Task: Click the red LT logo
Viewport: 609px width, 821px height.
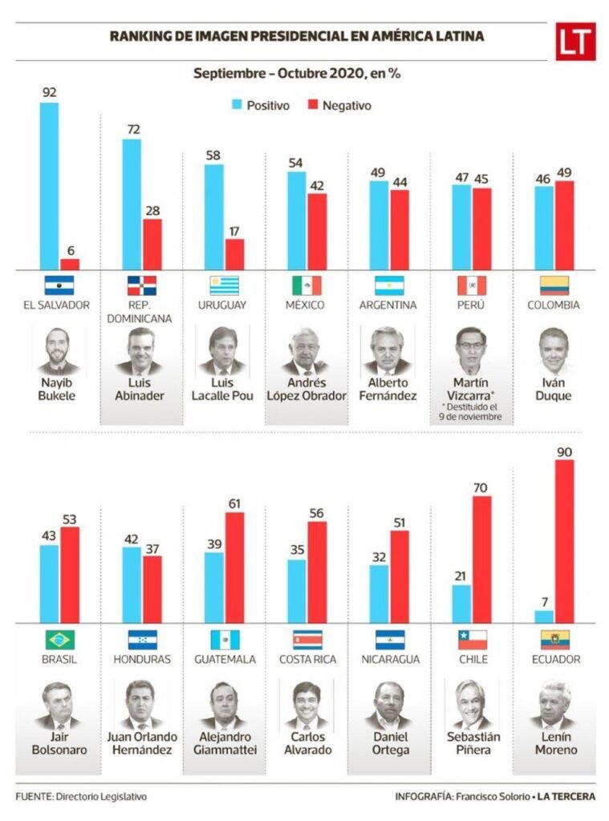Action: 575,42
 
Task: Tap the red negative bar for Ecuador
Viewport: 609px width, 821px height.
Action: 565,541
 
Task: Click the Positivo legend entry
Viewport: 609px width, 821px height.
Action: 260,105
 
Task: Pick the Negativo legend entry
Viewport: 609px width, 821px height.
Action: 339,105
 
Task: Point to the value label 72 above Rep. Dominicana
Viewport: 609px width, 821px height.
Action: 132,129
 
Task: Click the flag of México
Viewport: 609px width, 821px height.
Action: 306,285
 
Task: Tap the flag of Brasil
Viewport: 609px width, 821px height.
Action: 60,639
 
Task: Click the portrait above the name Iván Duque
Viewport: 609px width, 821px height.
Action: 553,351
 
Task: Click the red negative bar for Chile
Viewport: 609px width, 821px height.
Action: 482,559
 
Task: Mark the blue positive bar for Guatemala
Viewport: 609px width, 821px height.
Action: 214,587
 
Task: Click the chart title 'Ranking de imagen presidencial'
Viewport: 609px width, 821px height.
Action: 296,37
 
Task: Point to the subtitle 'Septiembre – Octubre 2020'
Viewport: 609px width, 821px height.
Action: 296,74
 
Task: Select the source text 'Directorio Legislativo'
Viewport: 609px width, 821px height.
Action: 102,797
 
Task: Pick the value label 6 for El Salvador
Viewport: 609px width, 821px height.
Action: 71,250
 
